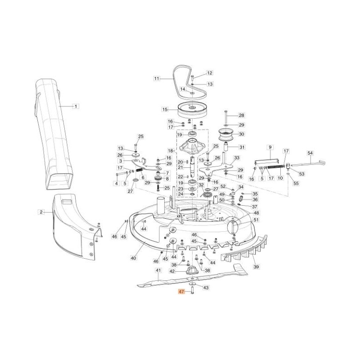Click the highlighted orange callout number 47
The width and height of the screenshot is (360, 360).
pos(182,292)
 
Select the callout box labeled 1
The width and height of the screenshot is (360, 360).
pos(76,106)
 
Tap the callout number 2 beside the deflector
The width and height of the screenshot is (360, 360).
pos(41,211)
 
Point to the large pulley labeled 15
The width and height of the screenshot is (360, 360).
pos(191,109)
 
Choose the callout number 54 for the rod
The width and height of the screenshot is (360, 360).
pos(310,153)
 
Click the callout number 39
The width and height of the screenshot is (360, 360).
pos(256,266)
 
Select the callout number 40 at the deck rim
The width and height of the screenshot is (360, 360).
pos(133,258)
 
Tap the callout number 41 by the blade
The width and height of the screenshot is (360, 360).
pos(158,270)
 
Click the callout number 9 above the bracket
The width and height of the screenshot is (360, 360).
pos(270,147)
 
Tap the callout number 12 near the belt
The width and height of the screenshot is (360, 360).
pos(210,72)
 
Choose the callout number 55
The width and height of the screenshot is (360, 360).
pos(295,183)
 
